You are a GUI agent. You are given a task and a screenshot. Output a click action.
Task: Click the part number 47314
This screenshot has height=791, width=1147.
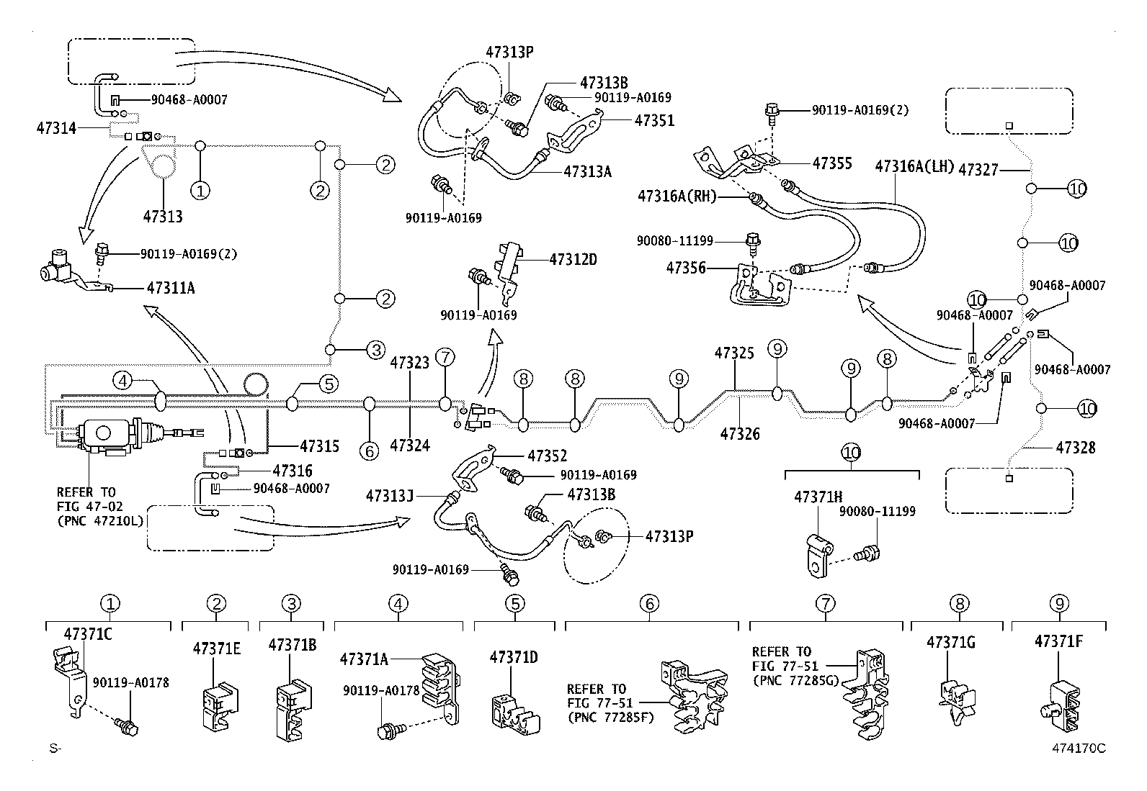click(56, 127)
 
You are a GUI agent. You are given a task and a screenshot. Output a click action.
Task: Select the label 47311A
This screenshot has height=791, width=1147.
click(171, 288)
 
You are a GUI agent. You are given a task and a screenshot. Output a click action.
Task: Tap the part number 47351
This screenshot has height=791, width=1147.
click(654, 121)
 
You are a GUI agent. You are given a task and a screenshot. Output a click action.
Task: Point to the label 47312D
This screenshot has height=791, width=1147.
click(573, 260)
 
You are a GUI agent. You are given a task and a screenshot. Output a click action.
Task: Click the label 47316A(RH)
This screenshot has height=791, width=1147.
click(677, 196)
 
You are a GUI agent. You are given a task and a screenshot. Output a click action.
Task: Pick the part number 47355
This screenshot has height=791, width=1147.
click(832, 163)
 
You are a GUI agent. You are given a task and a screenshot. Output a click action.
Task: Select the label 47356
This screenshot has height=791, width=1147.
click(686, 268)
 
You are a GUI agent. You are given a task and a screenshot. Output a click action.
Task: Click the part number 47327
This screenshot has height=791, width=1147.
click(978, 170)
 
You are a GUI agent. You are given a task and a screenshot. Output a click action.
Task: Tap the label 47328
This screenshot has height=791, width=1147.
click(1075, 448)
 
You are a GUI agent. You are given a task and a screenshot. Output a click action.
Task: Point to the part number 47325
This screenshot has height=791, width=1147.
click(734, 353)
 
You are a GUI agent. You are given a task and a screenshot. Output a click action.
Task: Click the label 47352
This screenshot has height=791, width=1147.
click(548, 456)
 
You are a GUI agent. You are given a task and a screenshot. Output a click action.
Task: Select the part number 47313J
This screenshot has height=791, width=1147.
click(390, 496)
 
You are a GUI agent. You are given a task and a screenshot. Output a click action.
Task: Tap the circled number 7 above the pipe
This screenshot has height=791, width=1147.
click(445, 356)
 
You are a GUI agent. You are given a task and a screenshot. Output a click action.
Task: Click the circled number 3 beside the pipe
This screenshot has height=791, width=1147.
click(376, 350)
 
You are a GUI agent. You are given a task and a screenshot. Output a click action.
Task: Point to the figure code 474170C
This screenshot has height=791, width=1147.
click(1079, 748)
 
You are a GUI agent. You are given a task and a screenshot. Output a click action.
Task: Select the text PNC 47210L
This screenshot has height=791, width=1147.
click(100, 521)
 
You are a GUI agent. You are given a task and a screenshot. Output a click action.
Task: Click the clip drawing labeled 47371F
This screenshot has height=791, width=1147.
click(1061, 707)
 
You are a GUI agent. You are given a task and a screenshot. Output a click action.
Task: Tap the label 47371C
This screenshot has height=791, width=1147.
click(88, 634)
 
